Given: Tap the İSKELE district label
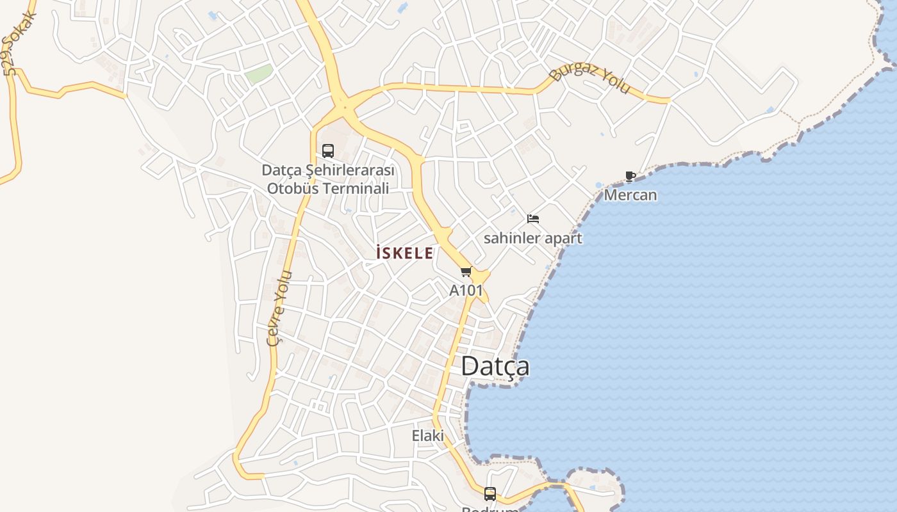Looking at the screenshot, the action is (404, 253).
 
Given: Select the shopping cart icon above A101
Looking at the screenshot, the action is (466, 272).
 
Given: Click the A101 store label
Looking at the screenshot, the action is (466, 290).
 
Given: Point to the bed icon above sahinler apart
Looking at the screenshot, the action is (532, 219).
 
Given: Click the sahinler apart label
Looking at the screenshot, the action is (532, 238).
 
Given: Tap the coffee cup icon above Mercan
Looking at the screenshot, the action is (630, 177).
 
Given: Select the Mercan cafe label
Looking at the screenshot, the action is (630, 195).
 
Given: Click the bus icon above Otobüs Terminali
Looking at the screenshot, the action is (328, 151).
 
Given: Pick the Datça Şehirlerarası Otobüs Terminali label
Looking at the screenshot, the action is (328, 179).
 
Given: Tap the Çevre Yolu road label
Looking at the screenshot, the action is (280, 308).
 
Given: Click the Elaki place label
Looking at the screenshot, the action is (427, 436).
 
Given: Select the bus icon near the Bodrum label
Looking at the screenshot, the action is (490, 493).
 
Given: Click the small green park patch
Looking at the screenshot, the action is (259, 74).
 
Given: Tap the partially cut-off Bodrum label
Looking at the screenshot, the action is (490, 509).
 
